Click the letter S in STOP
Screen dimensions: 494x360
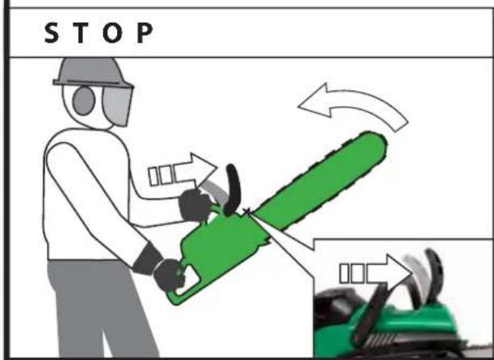52,33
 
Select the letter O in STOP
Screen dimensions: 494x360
112,33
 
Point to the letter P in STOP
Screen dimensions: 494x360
144,33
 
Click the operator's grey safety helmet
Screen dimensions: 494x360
92,72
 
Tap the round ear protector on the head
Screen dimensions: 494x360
83,100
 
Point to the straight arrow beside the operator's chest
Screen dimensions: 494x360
182,170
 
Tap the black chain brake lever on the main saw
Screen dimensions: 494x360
232,190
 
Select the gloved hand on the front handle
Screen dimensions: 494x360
195,205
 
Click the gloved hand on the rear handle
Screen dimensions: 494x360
170,274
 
